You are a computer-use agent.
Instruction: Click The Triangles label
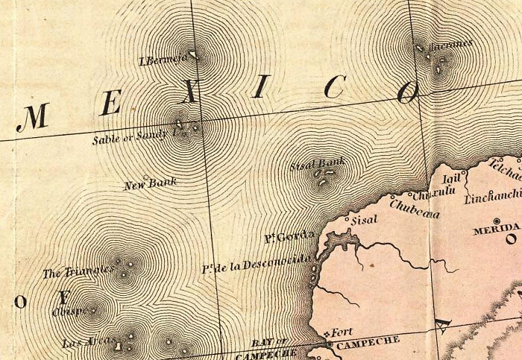pos(77,271)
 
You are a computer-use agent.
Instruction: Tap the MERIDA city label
pos(495,230)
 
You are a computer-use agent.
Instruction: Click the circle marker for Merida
pos(511,240)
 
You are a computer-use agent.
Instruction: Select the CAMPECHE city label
pos(368,342)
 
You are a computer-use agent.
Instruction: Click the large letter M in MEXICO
pos(33,117)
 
